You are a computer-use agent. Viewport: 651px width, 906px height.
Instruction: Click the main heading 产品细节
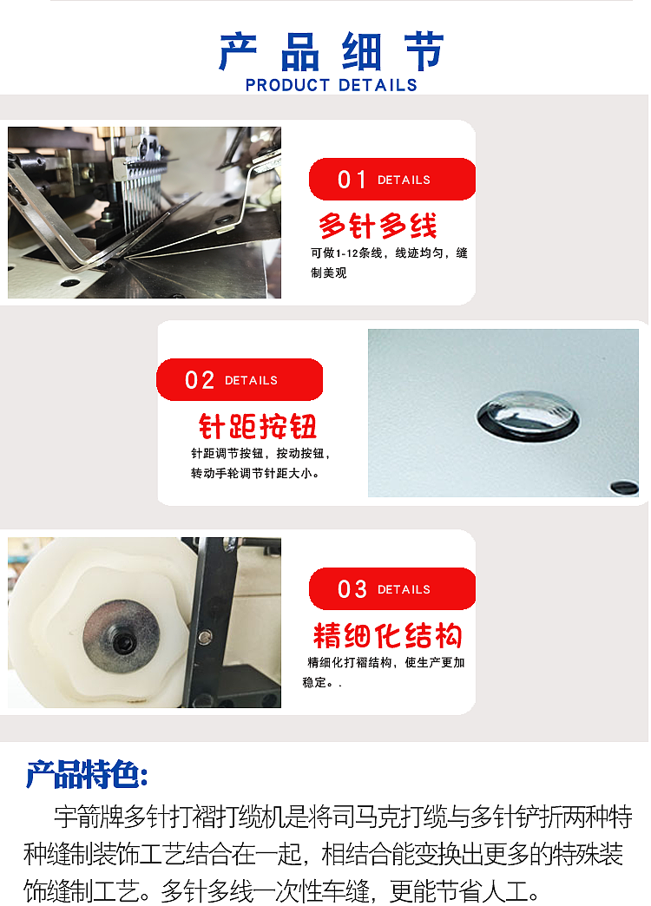point(332,53)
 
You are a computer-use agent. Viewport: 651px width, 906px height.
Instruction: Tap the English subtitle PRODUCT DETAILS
point(332,85)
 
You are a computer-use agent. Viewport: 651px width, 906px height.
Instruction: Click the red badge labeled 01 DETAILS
point(391,180)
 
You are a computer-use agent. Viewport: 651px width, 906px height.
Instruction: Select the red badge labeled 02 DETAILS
point(239,380)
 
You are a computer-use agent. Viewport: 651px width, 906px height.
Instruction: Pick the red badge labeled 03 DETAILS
point(391,589)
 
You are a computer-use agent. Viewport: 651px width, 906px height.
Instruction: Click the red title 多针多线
point(378,226)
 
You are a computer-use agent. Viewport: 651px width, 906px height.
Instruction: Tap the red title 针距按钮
point(258,426)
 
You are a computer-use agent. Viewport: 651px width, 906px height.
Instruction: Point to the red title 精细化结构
point(387,636)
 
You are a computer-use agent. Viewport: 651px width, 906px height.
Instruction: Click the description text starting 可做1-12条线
point(389,253)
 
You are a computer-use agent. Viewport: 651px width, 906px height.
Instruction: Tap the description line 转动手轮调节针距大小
point(255,474)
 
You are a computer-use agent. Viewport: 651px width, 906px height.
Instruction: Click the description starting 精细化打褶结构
point(386,663)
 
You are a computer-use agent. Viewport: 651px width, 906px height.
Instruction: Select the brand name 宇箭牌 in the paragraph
point(89,817)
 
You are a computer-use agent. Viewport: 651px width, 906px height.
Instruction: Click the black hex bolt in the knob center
point(122,643)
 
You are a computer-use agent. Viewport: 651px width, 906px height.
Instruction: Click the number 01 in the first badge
point(352,180)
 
